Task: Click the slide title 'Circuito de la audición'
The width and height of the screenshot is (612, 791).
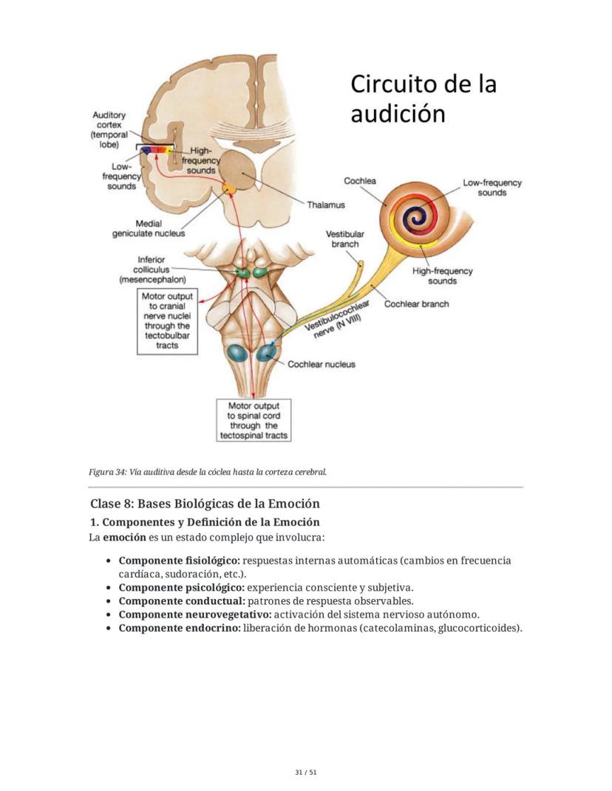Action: pyautogui.click(x=423, y=99)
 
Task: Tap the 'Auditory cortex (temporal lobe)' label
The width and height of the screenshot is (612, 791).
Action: pyautogui.click(x=109, y=129)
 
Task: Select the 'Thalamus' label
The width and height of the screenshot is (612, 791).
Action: pyautogui.click(x=326, y=205)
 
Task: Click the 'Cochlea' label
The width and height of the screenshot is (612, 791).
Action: pyautogui.click(x=360, y=181)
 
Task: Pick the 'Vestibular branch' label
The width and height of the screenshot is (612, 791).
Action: pyautogui.click(x=344, y=239)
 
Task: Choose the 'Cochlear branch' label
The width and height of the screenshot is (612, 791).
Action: pyautogui.click(x=416, y=304)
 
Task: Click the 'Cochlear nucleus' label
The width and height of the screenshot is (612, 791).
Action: pyautogui.click(x=321, y=364)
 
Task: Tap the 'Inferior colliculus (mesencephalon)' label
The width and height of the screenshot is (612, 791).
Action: pyautogui.click(x=154, y=270)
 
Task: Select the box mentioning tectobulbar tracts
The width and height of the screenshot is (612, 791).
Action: pyautogui.click(x=167, y=321)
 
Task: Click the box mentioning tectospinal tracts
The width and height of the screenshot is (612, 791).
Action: pyautogui.click(x=254, y=420)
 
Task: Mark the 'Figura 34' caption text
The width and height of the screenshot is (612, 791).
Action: pyautogui.click(x=208, y=471)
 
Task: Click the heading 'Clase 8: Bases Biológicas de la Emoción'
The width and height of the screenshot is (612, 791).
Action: pyautogui.click(x=205, y=504)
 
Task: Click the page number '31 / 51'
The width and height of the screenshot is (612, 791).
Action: pyautogui.click(x=305, y=772)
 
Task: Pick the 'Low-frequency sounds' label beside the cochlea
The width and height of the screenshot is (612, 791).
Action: pyautogui.click(x=492, y=188)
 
